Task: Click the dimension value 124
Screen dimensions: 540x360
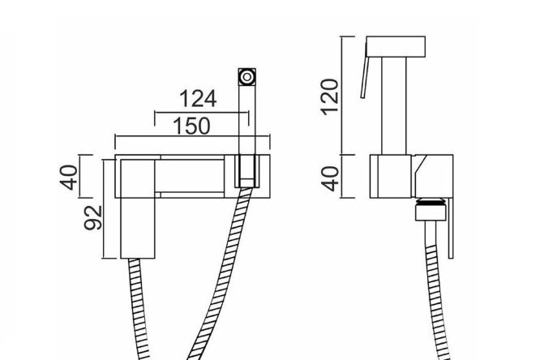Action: tap(198, 99)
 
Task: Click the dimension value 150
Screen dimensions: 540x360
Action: tap(191, 126)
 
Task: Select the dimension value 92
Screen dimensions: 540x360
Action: tap(93, 218)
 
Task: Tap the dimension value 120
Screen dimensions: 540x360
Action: tap(329, 96)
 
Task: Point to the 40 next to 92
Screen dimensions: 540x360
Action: tap(69, 178)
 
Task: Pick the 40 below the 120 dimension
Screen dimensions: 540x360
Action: tap(330, 178)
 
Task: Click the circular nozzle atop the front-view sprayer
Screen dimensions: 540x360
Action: tap(247, 77)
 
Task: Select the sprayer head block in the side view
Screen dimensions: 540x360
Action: tap(396, 46)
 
